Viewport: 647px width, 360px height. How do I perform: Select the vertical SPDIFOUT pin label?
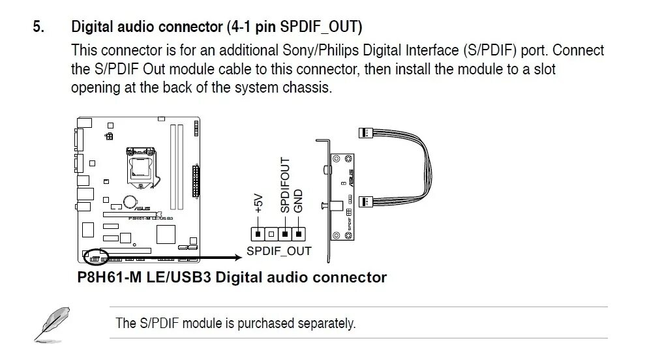coord(285,185)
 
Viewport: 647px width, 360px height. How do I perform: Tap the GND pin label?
coord(299,200)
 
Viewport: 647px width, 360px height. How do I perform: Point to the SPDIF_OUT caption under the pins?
coord(278,251)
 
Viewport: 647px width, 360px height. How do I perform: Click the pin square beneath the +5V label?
coord(259,233)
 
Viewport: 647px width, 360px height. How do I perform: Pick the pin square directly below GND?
coord(299,233)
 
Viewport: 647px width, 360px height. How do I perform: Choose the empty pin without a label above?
coord(272,233)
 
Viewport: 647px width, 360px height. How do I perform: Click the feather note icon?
coord(50,324)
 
